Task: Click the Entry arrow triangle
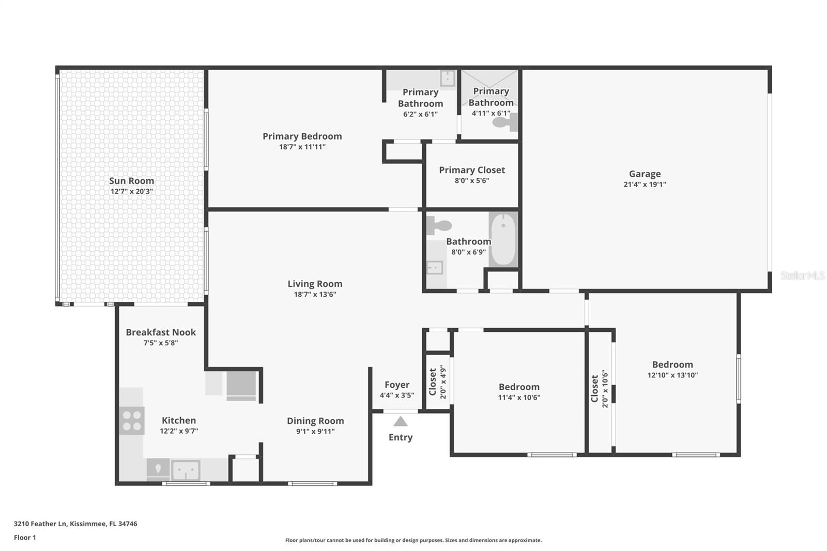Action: [x=401, y=421]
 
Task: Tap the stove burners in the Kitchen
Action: [x=132, y=420]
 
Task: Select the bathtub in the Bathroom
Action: [x=503, y=239]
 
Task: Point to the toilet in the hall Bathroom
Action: [x=439, y=225]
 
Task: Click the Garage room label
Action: [x=645, y=174]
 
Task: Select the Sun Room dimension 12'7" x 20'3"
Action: [x=131, y=191]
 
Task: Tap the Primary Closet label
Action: [x=472, y=170]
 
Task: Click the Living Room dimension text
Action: [x=315, y=295]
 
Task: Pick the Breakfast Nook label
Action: [x=161, y=332]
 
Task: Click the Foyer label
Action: [x=397, y=385]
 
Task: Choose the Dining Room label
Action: [x=315, y=421]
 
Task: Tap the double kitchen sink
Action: [x=186, y=470]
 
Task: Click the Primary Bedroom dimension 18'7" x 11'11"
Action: [x=302, y=147]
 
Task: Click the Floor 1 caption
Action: [x=25, y=538]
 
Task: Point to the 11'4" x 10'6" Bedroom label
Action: [x=519, y=387]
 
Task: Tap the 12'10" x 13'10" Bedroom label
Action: [x=672, y=365]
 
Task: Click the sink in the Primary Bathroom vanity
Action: [x=447, y=79]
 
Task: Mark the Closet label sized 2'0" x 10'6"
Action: [x=594, y=389]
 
